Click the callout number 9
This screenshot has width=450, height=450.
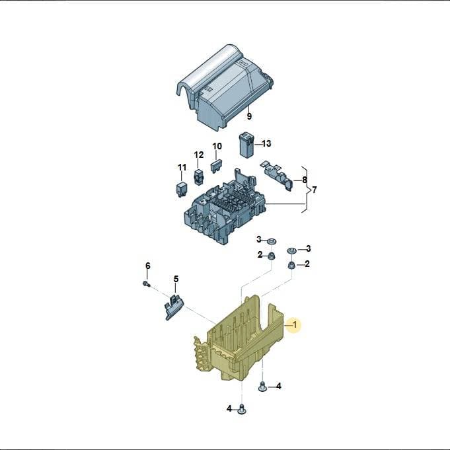click(249, 116)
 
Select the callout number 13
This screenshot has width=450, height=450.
click(266, 143)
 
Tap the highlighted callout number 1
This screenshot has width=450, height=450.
click(295, 324)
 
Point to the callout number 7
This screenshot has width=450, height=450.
click(315, 190)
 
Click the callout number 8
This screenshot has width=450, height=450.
click(305, 180)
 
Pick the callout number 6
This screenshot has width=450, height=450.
click(148, 266)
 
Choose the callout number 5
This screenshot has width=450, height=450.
click(176, 279)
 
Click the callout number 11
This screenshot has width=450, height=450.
click(182, 167)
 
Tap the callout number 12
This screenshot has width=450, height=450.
click(199, 155)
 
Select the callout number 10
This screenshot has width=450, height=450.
click(217, 146)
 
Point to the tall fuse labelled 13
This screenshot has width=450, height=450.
click(246, 145)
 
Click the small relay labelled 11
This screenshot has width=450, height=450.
click(181, 188)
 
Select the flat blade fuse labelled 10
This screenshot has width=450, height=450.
click(216, 167)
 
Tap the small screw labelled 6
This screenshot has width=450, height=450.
click(146, 284)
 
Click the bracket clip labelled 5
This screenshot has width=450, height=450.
click(174, 307)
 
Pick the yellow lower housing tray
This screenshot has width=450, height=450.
click(238, 342)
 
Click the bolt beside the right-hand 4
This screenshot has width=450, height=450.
click(262, 386)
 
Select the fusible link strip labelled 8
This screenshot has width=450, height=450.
click(277, 175)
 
